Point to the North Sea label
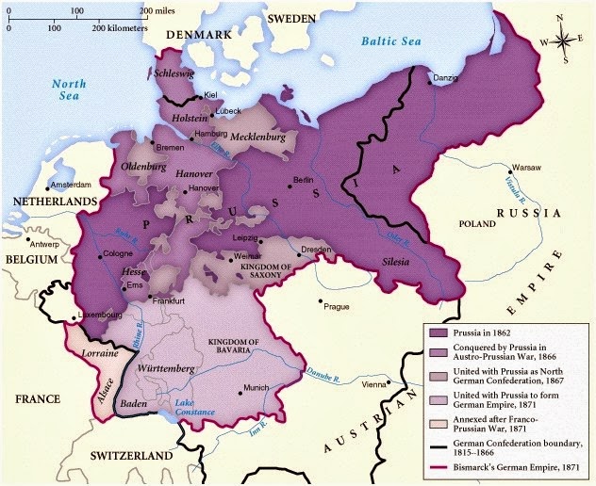(x=68, y=90)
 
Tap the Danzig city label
(x=448, y=75)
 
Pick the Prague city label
(x=337, y=306)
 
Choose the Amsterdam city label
(x=72, y=185)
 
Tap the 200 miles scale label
(x=157, y=9)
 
